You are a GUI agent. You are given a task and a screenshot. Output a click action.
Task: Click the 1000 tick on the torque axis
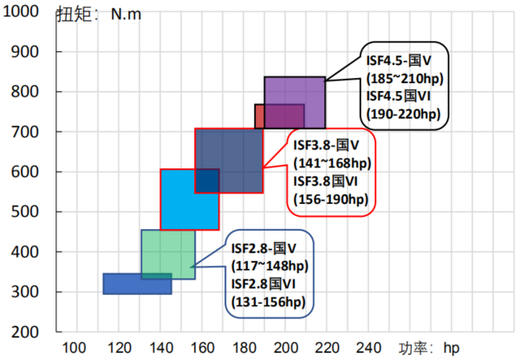coord(29,12)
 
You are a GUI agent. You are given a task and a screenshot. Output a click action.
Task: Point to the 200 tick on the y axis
coord(35,332)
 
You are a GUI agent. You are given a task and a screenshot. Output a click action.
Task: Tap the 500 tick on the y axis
coord(35,212)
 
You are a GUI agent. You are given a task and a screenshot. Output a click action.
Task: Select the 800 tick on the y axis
coord(35,92)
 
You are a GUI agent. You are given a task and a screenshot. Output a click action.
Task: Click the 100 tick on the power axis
coord(77,348)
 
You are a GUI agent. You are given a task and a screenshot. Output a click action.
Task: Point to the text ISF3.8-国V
coord(329,146)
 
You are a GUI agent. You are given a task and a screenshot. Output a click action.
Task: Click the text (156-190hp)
coord(330,200)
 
